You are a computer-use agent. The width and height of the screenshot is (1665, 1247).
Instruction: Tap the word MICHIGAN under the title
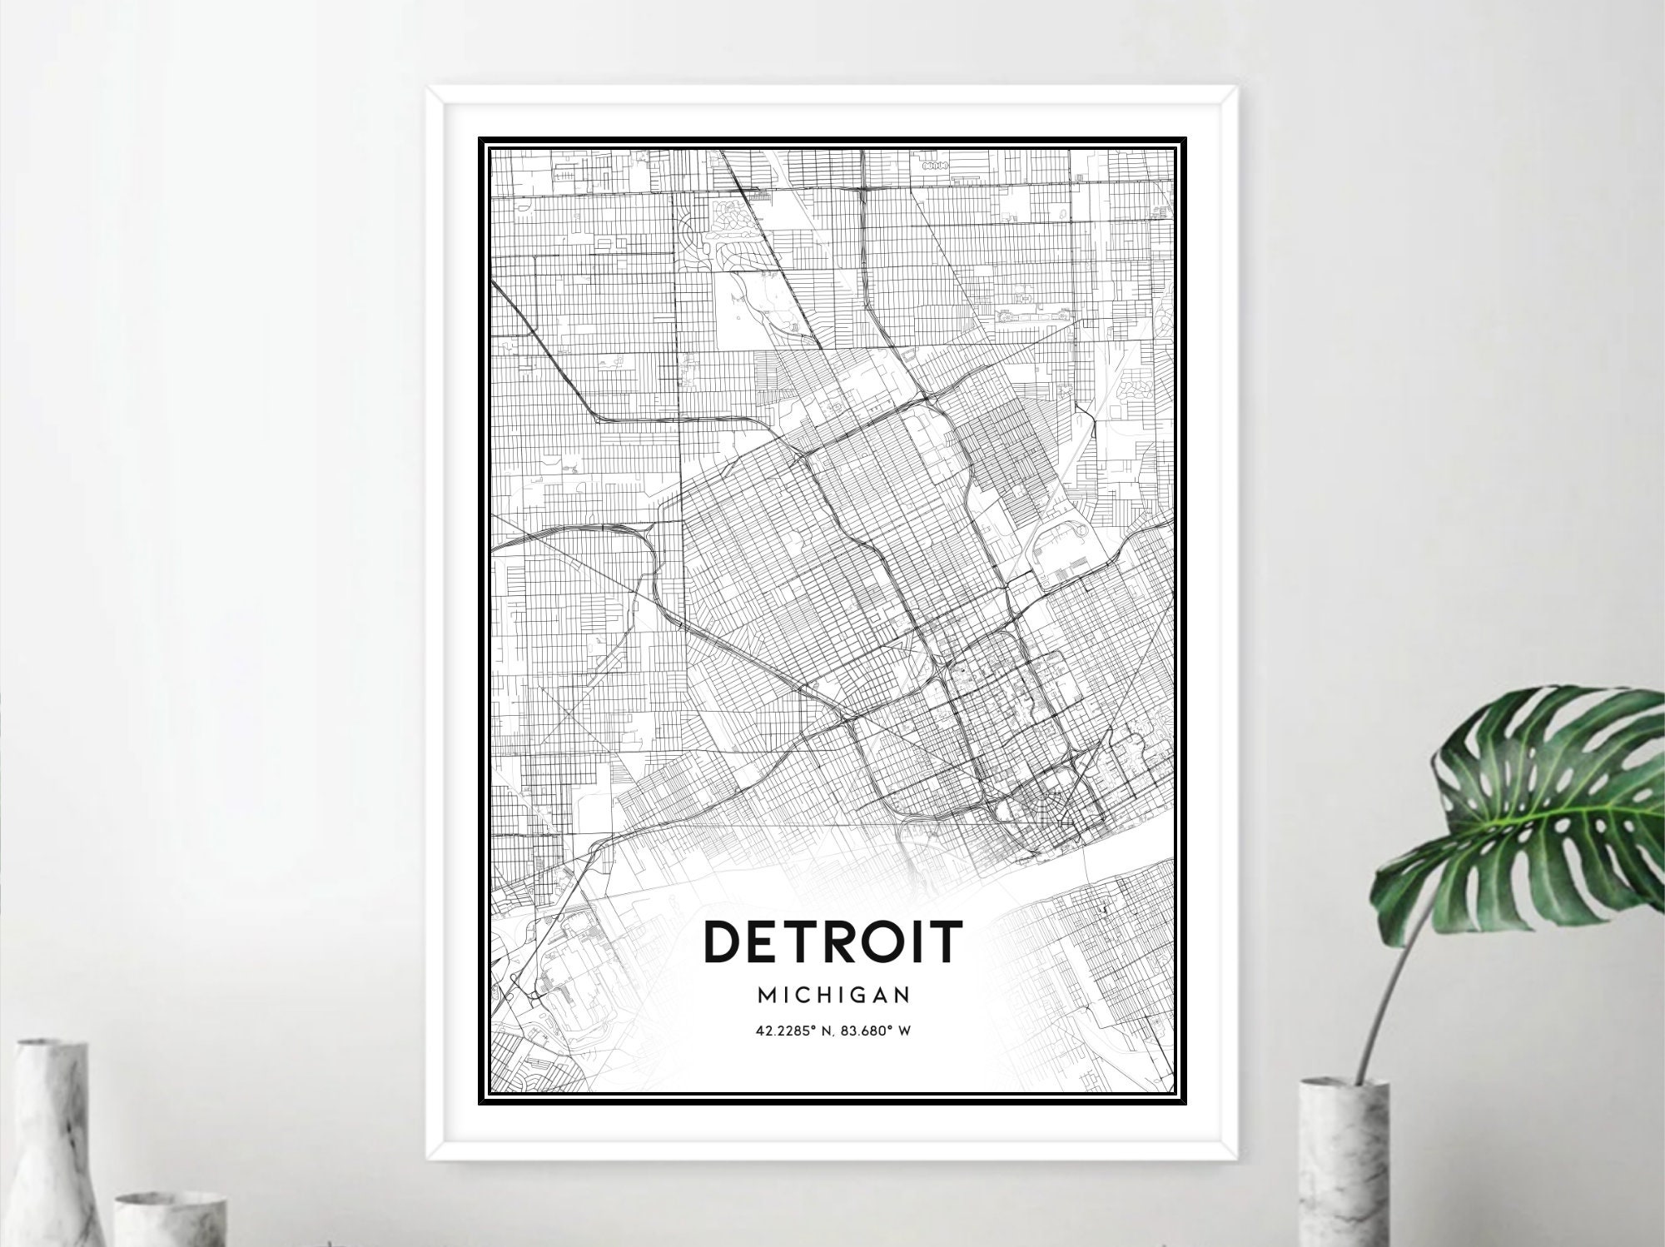click(x=833, y=995)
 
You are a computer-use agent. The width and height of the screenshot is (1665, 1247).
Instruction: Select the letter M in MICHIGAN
click(x=767, y=995)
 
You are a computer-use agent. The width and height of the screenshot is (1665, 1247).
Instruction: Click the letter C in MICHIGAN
click(x=801, y=995)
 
